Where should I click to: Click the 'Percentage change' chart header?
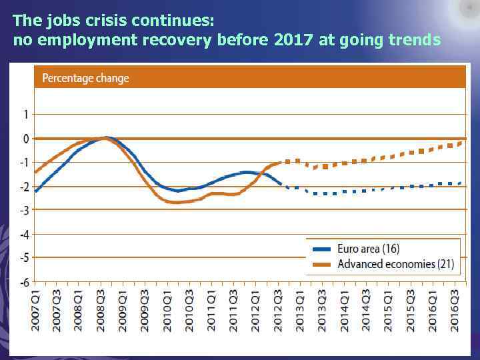click(85, 78)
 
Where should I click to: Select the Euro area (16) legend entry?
click(368, 249)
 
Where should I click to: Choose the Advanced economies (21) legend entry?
click(395, 264)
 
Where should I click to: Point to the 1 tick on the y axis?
click(25, 115)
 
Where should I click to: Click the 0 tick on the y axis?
click(25, 139)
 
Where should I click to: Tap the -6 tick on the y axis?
click(23, 282)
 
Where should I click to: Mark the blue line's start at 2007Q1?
click(35, 191)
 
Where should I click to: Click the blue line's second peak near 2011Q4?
click(248, 172)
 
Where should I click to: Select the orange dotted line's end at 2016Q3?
click(461, 142)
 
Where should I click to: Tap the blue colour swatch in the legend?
click(321, 249)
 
